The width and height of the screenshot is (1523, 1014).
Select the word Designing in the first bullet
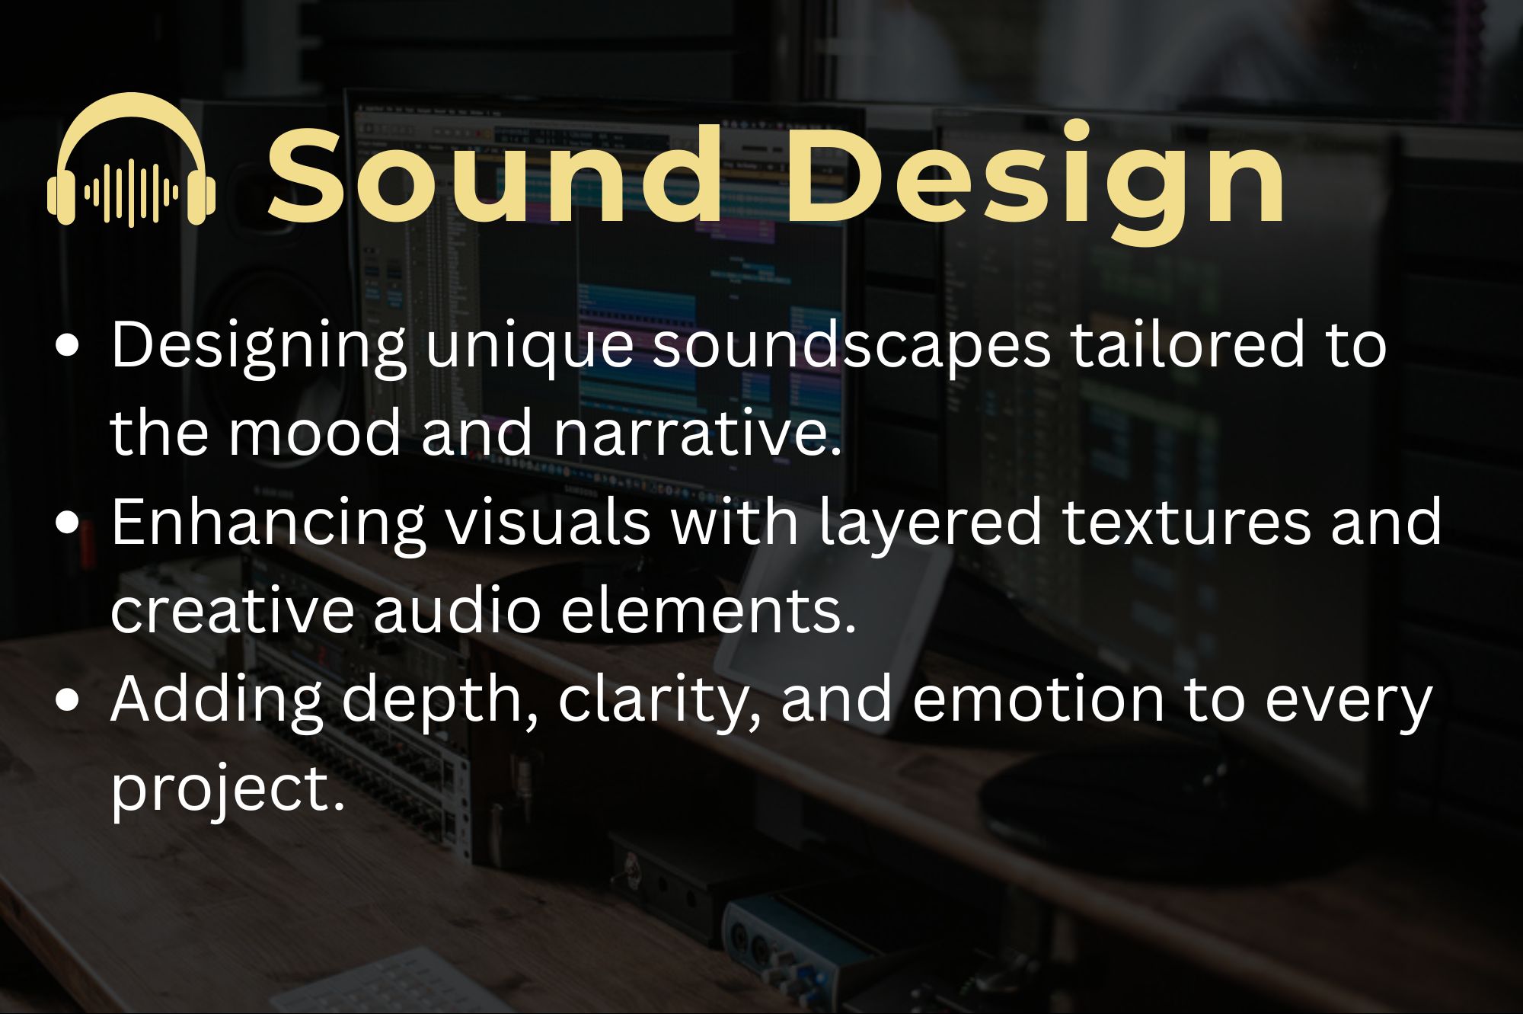pos(257,347)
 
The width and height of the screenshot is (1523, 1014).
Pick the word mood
pos(314,433)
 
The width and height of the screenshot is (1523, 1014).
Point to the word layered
pos(930,525)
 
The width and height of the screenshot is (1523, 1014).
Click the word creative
pos(232,611)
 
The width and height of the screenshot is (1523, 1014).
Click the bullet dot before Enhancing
pos(68,523)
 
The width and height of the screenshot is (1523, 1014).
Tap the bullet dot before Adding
pos(68,700)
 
